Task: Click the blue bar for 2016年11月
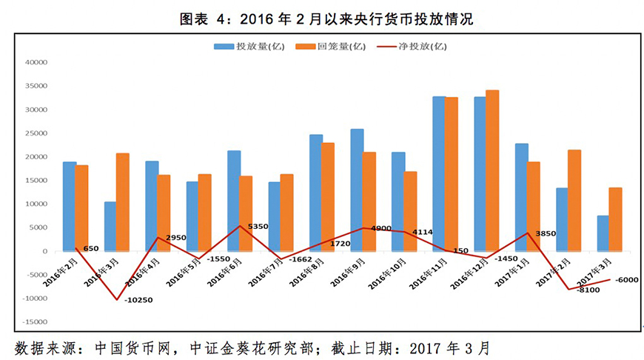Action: [x=439, y=173]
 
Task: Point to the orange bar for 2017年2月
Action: [x=574, y=200]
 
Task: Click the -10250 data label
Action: [x=139, y=300]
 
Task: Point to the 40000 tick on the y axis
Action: [x=36, y=63]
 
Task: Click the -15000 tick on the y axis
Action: [x=33, y=322]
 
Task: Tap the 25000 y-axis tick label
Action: [x=36, y=133]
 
